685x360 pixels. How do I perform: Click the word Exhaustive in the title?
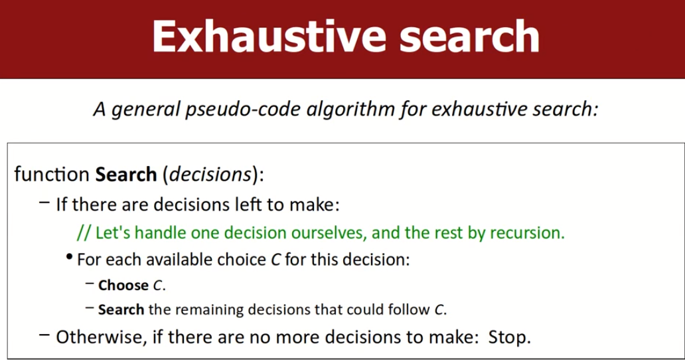[x=269, y=36]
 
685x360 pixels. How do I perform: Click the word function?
[x=52, y=174]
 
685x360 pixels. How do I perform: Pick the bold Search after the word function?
[x=126, y=174]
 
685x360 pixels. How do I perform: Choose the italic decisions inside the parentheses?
[x=210, y=174]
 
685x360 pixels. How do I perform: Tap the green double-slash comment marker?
[x=84, y=232]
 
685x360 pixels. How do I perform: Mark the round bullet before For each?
[x=69, y=257]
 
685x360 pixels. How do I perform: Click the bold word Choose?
[x=123, y=285]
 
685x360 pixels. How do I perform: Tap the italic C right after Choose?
[x=158, y=286]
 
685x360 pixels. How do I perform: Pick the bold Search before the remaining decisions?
[x=121, y=310]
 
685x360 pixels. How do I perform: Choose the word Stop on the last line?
[x=509, y=337]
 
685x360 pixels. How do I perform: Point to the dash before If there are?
[x=44, y=203]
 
